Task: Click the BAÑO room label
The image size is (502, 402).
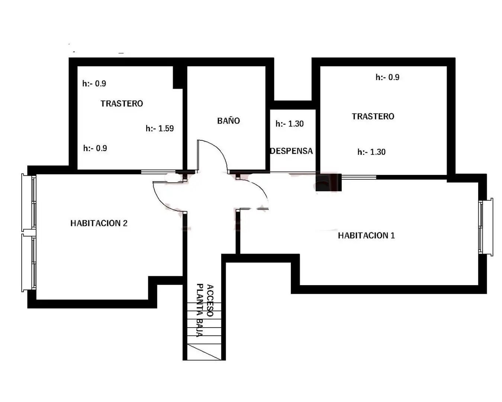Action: click(x=228, y=121)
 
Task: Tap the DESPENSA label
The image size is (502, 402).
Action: click(x=292, y=151)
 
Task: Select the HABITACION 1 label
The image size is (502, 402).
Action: click(x=366, y=236)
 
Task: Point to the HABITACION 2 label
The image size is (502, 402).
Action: click(x=99, y=223)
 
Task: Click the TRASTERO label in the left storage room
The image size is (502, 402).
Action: click(x=122, y=103)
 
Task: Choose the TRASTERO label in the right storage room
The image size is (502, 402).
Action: click(x=373, y=117)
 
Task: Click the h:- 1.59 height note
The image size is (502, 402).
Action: click(x=160, y=128)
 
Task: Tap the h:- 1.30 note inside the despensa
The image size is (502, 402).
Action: click(x=290, y=124)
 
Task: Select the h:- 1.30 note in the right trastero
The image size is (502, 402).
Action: click(x=371, y=152)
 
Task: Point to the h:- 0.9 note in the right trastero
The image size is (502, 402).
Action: click(x=387, y=77)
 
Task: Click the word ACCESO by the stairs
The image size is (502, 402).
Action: click(x=210, y=301)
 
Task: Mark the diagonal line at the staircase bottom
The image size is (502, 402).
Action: click(x=204, y=352)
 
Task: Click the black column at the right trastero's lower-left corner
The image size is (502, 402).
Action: click(x=328, y=182)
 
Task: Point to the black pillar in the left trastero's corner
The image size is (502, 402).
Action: click(x=178, y=77)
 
